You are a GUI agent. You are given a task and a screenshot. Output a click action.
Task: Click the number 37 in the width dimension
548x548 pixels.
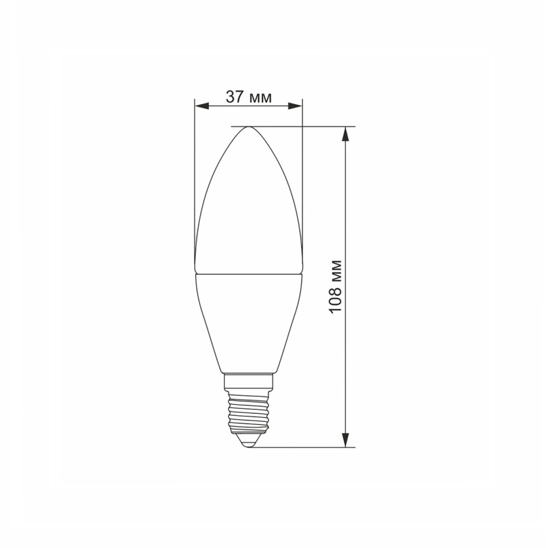(x=235, y=97)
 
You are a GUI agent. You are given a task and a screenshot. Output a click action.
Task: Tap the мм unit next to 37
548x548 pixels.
(x=259, y=98)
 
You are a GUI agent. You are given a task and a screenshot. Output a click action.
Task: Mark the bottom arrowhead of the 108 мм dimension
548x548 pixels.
(x=347, y=441)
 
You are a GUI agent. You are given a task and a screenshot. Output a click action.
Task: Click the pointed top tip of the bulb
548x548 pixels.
(x=249, y=128)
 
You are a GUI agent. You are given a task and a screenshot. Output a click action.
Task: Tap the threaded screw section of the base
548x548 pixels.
(x=249, y=408)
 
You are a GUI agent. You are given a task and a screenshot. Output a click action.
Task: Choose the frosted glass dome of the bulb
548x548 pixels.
(x=249, y=206)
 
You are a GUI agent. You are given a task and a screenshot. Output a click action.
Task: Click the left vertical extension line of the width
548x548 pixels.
(x=195, y=178)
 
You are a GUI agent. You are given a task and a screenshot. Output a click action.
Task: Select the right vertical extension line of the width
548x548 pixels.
(x=302, y=178)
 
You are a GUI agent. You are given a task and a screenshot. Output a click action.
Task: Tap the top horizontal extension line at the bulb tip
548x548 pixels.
(x=301, y=127)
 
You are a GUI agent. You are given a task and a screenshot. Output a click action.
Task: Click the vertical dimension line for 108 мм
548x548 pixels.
(x=347, y=206)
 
